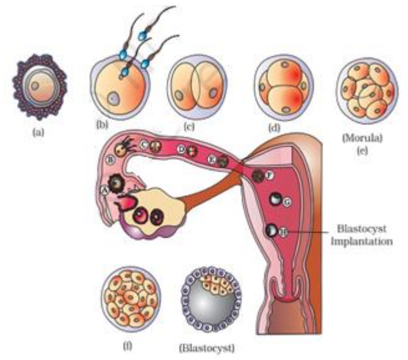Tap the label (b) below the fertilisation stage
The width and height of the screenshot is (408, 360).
101,124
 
